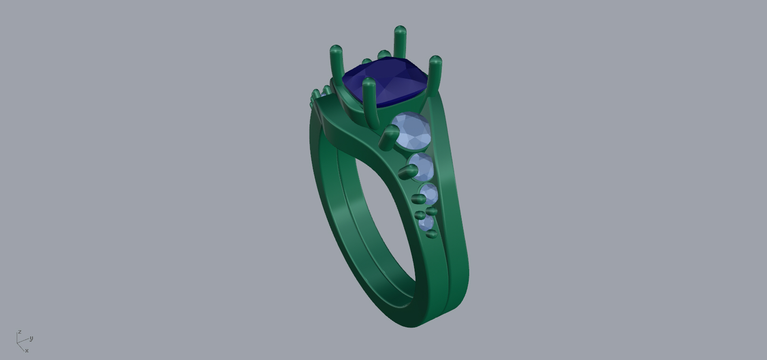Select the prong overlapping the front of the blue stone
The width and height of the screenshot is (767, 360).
tap(370, 101)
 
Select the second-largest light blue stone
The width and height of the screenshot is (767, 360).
tap(422, 167)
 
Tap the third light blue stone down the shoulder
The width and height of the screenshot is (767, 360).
tap(429, 194)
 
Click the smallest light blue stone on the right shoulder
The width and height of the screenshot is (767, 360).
tap(426, 223)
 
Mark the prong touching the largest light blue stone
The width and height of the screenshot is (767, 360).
tap(389, 138)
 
